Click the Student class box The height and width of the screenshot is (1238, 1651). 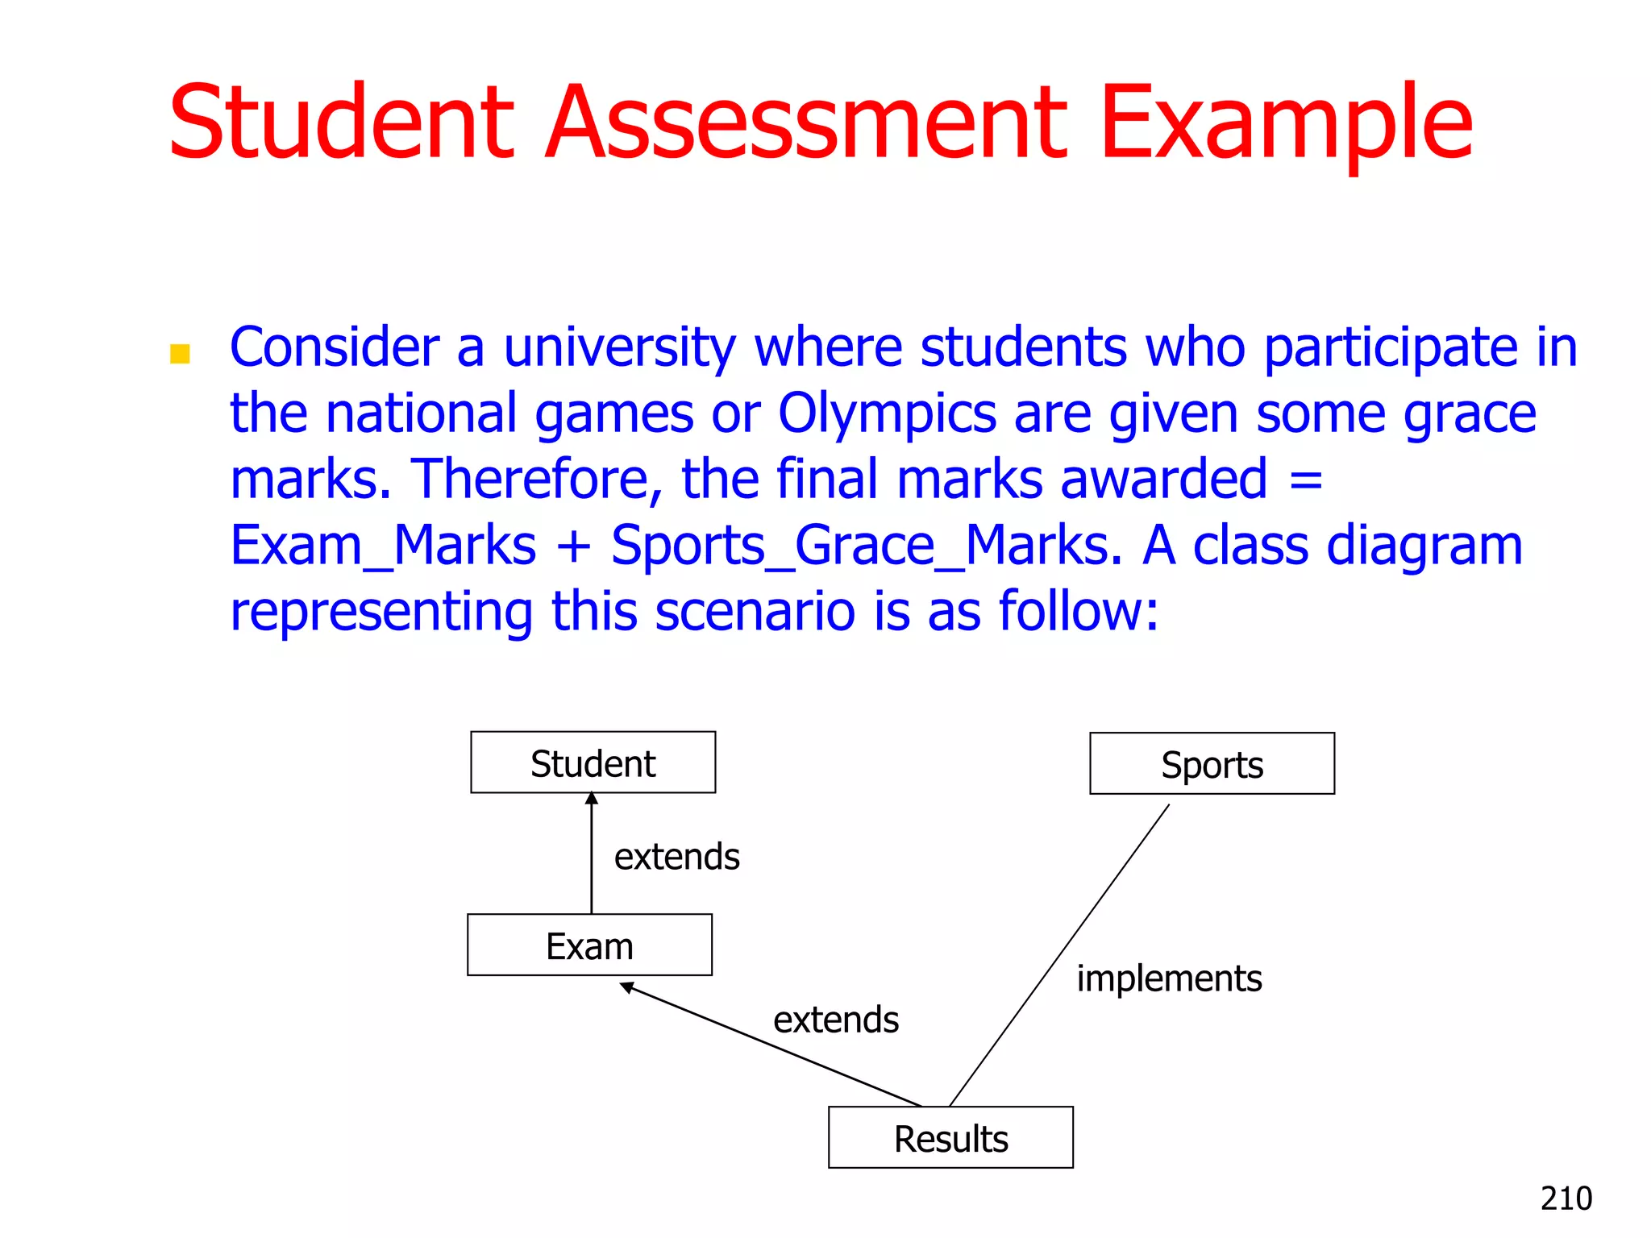coord(593,762)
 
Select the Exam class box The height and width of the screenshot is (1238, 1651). coord(589,945)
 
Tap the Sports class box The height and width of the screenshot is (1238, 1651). coord(1212,763)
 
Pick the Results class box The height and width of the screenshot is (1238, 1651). coord(950,1137)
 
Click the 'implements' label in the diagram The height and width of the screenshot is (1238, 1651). coord(1169,978)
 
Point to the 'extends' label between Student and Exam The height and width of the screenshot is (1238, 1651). coord(676,856)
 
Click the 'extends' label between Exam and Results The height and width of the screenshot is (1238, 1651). coord(835,1020)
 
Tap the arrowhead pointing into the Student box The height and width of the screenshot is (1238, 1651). coord(592,799)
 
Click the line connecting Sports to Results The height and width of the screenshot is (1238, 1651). coord(1059,955)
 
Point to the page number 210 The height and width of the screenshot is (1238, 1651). coord(1566,1199)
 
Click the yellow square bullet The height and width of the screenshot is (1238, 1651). coord(180,354)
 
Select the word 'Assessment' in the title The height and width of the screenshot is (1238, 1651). coord(806,123)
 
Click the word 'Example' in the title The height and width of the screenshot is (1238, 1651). coord(1286,123)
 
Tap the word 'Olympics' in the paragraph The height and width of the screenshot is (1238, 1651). coord(887,414)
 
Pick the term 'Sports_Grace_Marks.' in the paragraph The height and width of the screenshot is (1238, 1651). coord(867,546)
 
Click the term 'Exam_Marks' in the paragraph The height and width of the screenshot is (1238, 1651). coord(383,546)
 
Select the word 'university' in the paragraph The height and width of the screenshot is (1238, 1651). coord(619,348)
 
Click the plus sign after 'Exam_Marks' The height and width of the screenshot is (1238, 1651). coord(573,546)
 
